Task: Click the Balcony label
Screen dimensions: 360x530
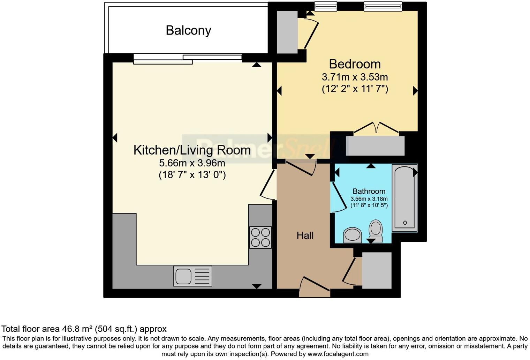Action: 188,30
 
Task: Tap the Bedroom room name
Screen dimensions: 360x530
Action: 355,64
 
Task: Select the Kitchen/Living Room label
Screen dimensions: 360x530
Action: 192,150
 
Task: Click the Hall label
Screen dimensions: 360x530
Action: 305,235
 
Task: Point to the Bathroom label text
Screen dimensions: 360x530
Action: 369,191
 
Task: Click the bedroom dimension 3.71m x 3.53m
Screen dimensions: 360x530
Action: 355,77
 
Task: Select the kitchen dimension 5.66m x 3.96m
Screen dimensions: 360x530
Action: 192,163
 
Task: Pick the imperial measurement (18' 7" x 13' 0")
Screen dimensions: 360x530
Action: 192,174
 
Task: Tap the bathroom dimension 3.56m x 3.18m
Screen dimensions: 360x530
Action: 369,199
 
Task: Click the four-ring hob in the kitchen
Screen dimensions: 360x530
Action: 260,237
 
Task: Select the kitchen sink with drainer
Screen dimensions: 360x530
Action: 192,276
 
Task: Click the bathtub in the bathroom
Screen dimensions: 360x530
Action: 404,197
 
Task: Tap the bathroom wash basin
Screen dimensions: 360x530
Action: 352,235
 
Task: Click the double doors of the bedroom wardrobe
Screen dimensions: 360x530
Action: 376,128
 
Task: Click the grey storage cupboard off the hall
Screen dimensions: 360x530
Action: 377,270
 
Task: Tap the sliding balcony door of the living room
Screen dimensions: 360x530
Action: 188,59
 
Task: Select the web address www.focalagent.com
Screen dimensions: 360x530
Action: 338,354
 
